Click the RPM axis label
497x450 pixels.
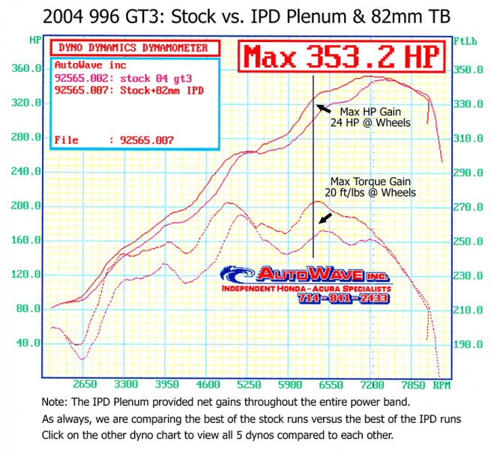tap(442, 385)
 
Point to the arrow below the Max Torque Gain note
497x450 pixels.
tap(324, 218)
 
